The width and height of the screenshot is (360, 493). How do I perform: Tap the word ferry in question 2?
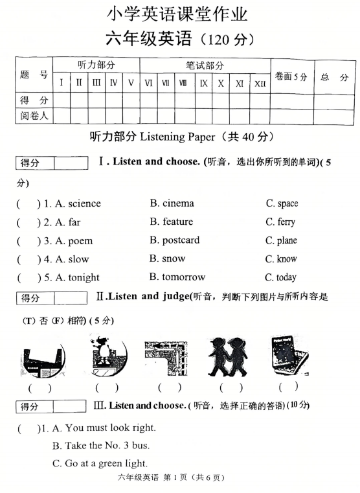pyautogui.click(x=286, y=222)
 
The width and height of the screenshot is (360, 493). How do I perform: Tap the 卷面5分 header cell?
pyautogui.click(x=291, y=76)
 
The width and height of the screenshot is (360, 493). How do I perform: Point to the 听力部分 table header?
pyautogui.click(x=96, y=65)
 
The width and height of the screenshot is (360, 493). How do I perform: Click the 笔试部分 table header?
pyautogui.click(x=205, y=65)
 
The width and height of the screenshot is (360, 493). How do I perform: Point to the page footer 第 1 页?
pyautogui.click(x=178, y=478)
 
